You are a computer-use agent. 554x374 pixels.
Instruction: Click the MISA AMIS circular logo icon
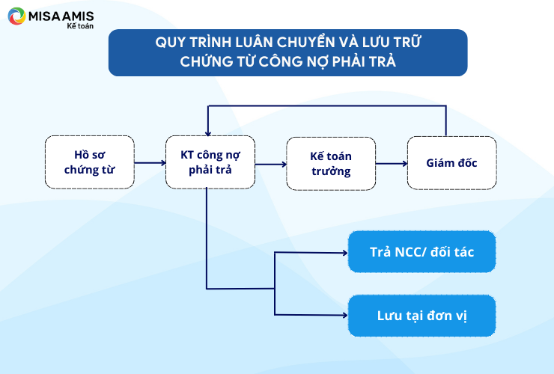(x=16, y=16)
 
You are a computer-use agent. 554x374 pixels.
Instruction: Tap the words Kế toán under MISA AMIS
(x=80, y=25)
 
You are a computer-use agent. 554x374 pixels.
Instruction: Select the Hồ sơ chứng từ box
(x=90, y=162)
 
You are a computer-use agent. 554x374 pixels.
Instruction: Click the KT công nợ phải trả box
(x=210, y=162)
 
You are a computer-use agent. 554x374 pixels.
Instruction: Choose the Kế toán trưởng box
(x=331, y=164)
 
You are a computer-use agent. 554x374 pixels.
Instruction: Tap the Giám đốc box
(x=452, y=163)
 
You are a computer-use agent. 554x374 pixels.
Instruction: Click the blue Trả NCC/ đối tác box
(x=421, y=252)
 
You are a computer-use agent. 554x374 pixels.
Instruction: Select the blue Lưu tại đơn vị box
(x=421, y=316)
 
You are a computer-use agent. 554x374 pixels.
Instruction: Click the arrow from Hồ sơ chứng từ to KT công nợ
(x=150, y=163)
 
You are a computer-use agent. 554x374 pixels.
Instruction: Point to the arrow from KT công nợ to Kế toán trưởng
(x=271, y=165)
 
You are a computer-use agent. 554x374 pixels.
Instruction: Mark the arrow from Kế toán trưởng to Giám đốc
(x=392, y=164)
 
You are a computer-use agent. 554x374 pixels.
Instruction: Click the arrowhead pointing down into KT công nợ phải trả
(x=208, y=133)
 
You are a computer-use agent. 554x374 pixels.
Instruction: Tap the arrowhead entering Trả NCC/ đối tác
(x=345, y=253)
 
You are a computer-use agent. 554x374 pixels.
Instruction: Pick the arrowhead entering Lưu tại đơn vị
(x=345, y=315)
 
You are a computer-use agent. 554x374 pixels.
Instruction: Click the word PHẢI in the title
(x=347, y=61)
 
